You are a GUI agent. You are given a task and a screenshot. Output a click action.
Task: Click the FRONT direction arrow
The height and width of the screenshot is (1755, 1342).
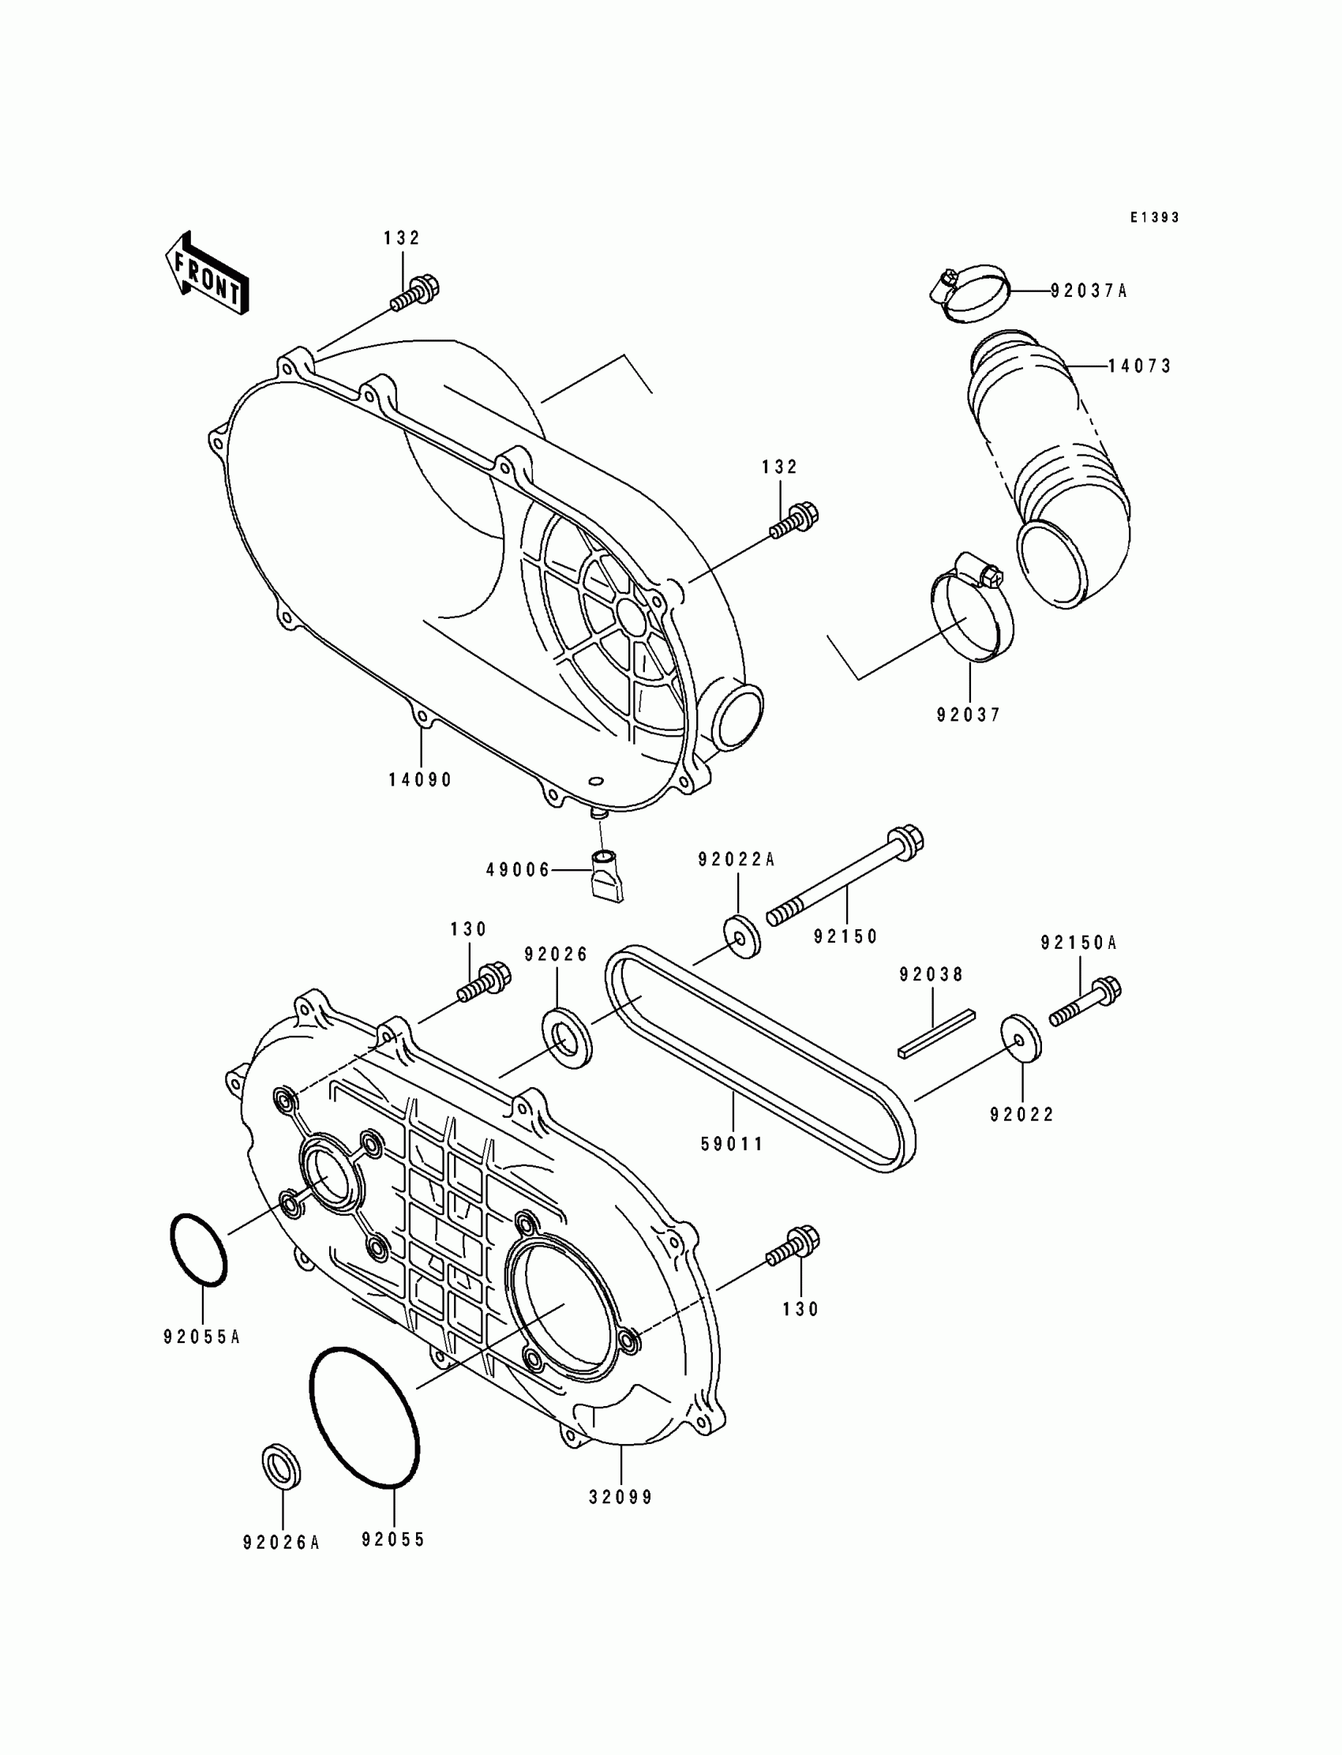206,274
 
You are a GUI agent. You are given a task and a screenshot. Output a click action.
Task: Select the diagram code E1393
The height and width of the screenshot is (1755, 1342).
1154,217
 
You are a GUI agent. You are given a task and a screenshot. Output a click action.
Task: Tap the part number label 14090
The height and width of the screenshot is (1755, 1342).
420,780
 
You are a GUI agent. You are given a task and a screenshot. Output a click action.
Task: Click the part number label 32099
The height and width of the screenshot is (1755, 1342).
620,1498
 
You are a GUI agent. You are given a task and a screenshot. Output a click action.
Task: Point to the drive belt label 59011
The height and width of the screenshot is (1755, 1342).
732,1145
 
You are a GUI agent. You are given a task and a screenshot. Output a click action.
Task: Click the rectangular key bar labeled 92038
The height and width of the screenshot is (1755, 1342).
936,1032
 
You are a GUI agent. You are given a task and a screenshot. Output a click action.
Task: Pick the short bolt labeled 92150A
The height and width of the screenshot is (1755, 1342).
1085,1002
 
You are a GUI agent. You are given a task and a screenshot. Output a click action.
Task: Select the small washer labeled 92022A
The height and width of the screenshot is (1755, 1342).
741,936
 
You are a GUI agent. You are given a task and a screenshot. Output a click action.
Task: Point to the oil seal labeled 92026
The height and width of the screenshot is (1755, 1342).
568,1037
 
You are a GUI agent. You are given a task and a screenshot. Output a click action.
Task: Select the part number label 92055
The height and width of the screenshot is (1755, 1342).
393,1539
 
